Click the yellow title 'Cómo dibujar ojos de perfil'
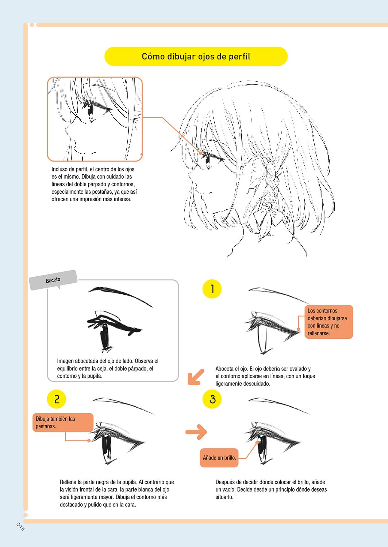click(196, 57)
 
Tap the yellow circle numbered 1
click(212, 289)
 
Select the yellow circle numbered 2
click(57, 399)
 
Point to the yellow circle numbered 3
click(212, 399)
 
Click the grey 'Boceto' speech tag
click(53, 280)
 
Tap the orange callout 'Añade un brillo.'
click(219, 458)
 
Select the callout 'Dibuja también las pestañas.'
click(63, 422)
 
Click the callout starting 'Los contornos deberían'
click(329, 322)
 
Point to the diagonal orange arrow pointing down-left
click(196, 377)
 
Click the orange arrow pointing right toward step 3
click(196, 432)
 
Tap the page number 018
click(20, 527)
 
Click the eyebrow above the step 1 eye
click(279, 295)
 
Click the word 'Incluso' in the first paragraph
click(58, 169)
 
